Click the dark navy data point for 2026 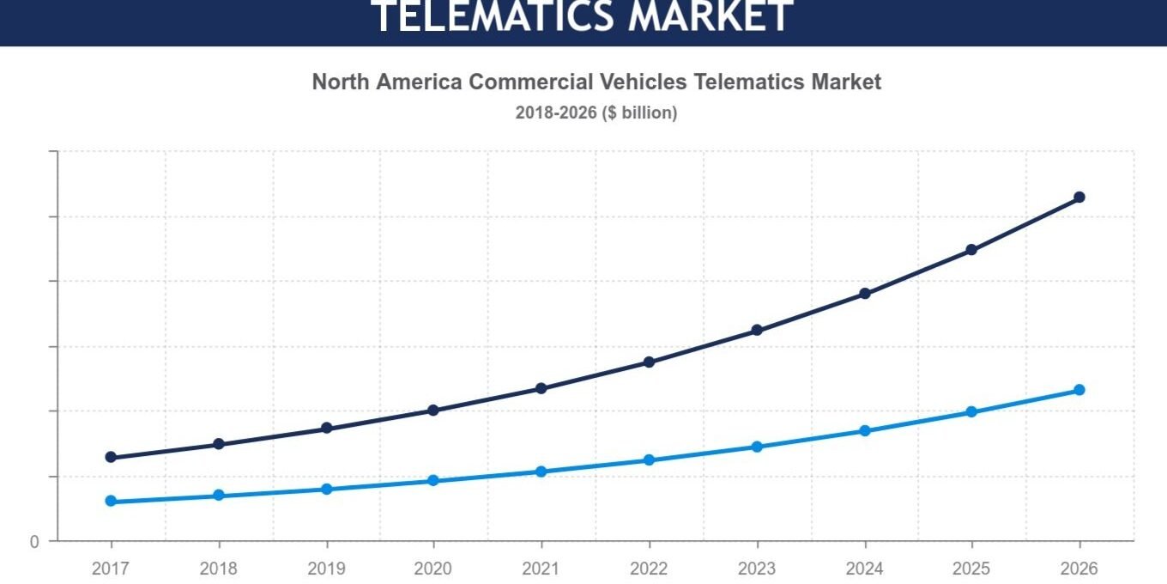[1079, 198]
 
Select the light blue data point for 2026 [1079, 390]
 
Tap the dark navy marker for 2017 [111, 457]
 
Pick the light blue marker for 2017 [111, 501]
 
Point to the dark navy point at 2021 [541, 388]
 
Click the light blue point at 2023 [757, 447]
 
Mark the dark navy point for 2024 [865, 294]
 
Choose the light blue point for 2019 [327, 490]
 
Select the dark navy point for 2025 [971, 250]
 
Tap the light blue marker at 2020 [433, 480]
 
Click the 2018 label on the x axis [218, 569]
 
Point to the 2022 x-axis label [649, 569]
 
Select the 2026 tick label [1079, 569]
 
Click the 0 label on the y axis [34, 542]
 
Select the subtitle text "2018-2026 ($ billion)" [596, 113]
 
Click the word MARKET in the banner [710, 15]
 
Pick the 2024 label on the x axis [864, 569]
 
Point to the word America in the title [419, 82]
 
